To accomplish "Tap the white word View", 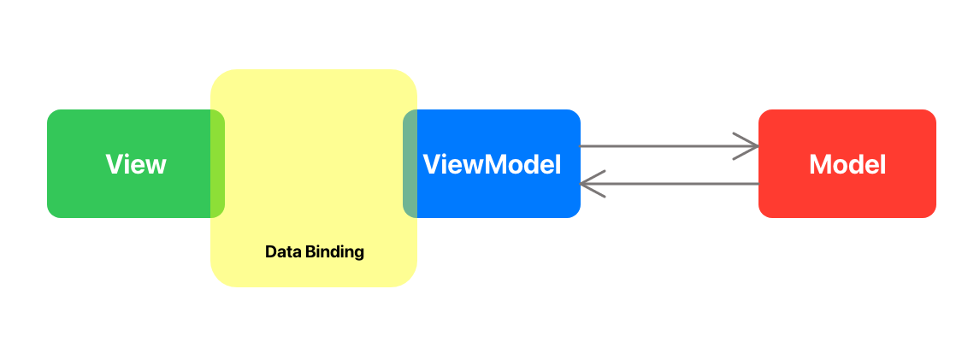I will click(136, 164).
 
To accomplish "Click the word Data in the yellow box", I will click(280, 252).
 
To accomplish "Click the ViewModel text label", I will click(493, 164).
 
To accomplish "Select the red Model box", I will click(847, 197).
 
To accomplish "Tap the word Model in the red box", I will click(847, 164).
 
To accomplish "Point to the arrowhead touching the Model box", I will click(749, 146).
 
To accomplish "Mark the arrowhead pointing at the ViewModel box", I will click(591, 184).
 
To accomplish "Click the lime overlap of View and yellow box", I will click(218, 164).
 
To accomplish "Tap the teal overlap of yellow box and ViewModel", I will click(410, 164).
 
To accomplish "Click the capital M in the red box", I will click(820, 164).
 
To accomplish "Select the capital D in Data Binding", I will click(270, 252).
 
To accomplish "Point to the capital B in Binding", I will click(304, 252).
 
